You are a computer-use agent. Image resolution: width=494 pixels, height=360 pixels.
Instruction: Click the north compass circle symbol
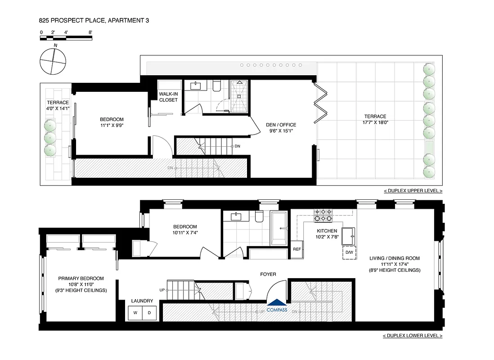[x=53, y=61]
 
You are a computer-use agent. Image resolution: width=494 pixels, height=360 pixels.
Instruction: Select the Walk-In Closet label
[x=168, y=97]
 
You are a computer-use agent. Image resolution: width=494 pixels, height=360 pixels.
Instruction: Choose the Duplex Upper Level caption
[x=413, y=191]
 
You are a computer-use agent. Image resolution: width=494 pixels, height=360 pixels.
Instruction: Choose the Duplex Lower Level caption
[x=413, y=336]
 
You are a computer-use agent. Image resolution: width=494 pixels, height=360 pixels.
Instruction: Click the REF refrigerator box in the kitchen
[x=297, y=249]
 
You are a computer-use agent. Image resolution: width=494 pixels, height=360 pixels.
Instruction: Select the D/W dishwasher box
[x=350, y=253]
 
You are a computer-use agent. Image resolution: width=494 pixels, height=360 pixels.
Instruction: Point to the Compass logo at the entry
[x=277, y=306]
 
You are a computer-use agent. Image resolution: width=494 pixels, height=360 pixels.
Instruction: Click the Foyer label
[x=268, y=274]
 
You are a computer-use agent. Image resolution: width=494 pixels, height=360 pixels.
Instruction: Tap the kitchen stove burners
[x=323, y=216]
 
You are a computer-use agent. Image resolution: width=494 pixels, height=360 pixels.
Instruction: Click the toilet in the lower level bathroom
[x=259, y=217]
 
